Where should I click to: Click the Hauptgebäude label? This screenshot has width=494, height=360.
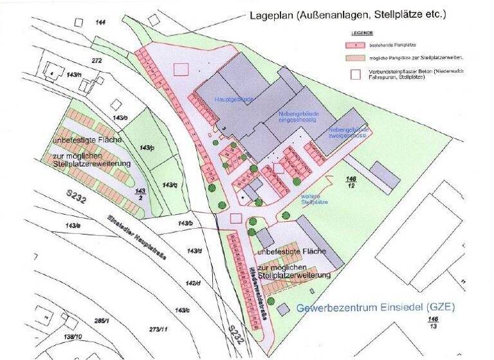pos(234,100)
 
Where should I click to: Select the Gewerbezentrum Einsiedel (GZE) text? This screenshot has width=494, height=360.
pos(376,308)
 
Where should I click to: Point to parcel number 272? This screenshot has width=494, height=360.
pos(97,60)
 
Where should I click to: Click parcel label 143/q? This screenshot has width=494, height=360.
pos(169,184)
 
